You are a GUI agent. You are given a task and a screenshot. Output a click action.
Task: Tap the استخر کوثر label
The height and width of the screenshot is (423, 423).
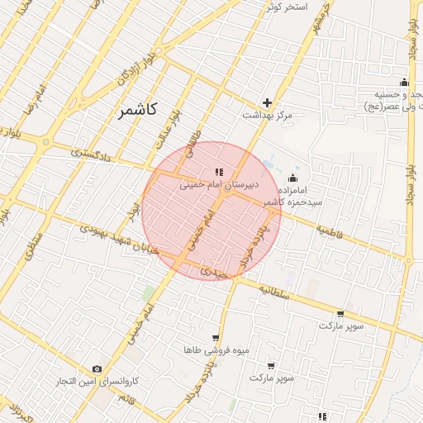pos(286,7)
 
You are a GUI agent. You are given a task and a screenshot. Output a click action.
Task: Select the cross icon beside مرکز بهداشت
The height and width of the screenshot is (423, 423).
pos(267,102)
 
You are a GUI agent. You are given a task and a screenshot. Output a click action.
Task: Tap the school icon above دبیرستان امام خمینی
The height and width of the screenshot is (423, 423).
pos(219,171)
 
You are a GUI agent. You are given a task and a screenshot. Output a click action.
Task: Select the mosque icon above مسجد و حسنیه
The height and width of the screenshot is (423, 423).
pos(403,82)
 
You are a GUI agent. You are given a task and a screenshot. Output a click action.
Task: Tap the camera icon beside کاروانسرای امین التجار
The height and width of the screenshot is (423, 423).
pos(97,368)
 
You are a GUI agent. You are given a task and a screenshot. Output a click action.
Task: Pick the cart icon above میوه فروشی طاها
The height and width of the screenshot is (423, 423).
pos(216,338)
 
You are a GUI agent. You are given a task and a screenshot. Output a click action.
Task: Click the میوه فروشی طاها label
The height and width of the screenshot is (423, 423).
pos(216,350)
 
